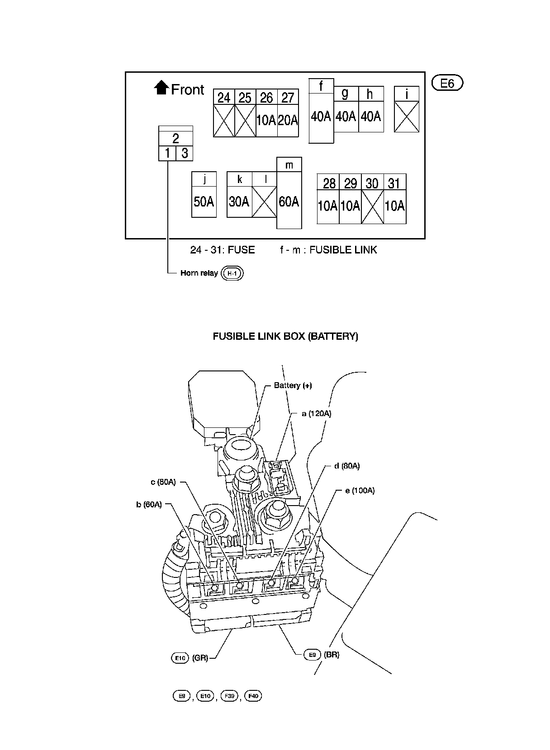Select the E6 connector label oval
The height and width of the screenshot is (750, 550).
tap(447, 83)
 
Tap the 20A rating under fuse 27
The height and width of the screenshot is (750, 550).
tap(288, 120)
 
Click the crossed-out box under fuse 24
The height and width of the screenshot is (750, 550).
tap(224, 121)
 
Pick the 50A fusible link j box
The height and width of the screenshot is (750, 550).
tap(204, 202)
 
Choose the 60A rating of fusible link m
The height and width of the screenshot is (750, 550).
tap(289, 202)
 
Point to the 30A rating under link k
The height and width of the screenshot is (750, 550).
tap(239, 202)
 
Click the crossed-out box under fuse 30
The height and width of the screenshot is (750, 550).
tap(372, 206)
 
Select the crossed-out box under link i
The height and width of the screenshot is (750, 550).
tap(406, 117)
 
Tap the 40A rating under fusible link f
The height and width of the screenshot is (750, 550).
tap(321, 117)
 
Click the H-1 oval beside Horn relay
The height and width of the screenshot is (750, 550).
tap(232, 273)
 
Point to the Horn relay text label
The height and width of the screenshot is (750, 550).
tap(199, 273)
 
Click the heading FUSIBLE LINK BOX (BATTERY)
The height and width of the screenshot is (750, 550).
tap(285, 336)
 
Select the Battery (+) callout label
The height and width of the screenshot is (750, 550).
tap(293, 385)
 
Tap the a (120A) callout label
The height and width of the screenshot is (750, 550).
tap(317, 413)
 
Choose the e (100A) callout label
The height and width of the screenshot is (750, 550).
tap(360, 491)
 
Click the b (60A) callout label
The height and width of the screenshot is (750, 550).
tap(149, 505)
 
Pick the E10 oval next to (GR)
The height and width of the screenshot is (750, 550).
tap(180, 658)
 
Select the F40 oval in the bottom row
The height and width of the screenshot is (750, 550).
tap(253, 696)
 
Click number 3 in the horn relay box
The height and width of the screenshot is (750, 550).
tap(185, 153)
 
